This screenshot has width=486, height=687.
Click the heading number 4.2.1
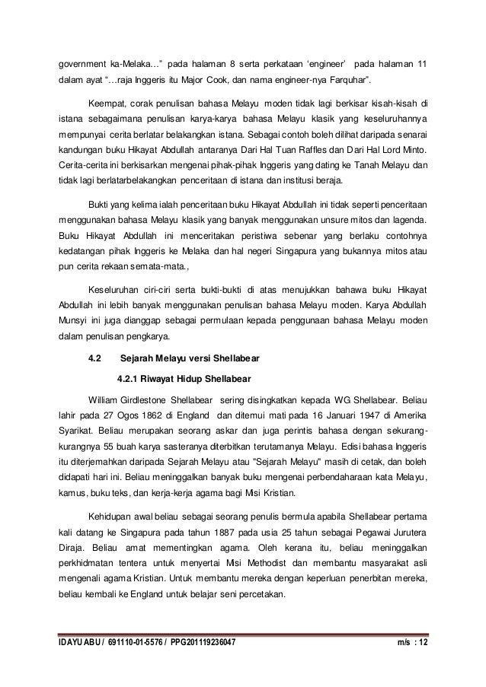click(130, 378)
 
